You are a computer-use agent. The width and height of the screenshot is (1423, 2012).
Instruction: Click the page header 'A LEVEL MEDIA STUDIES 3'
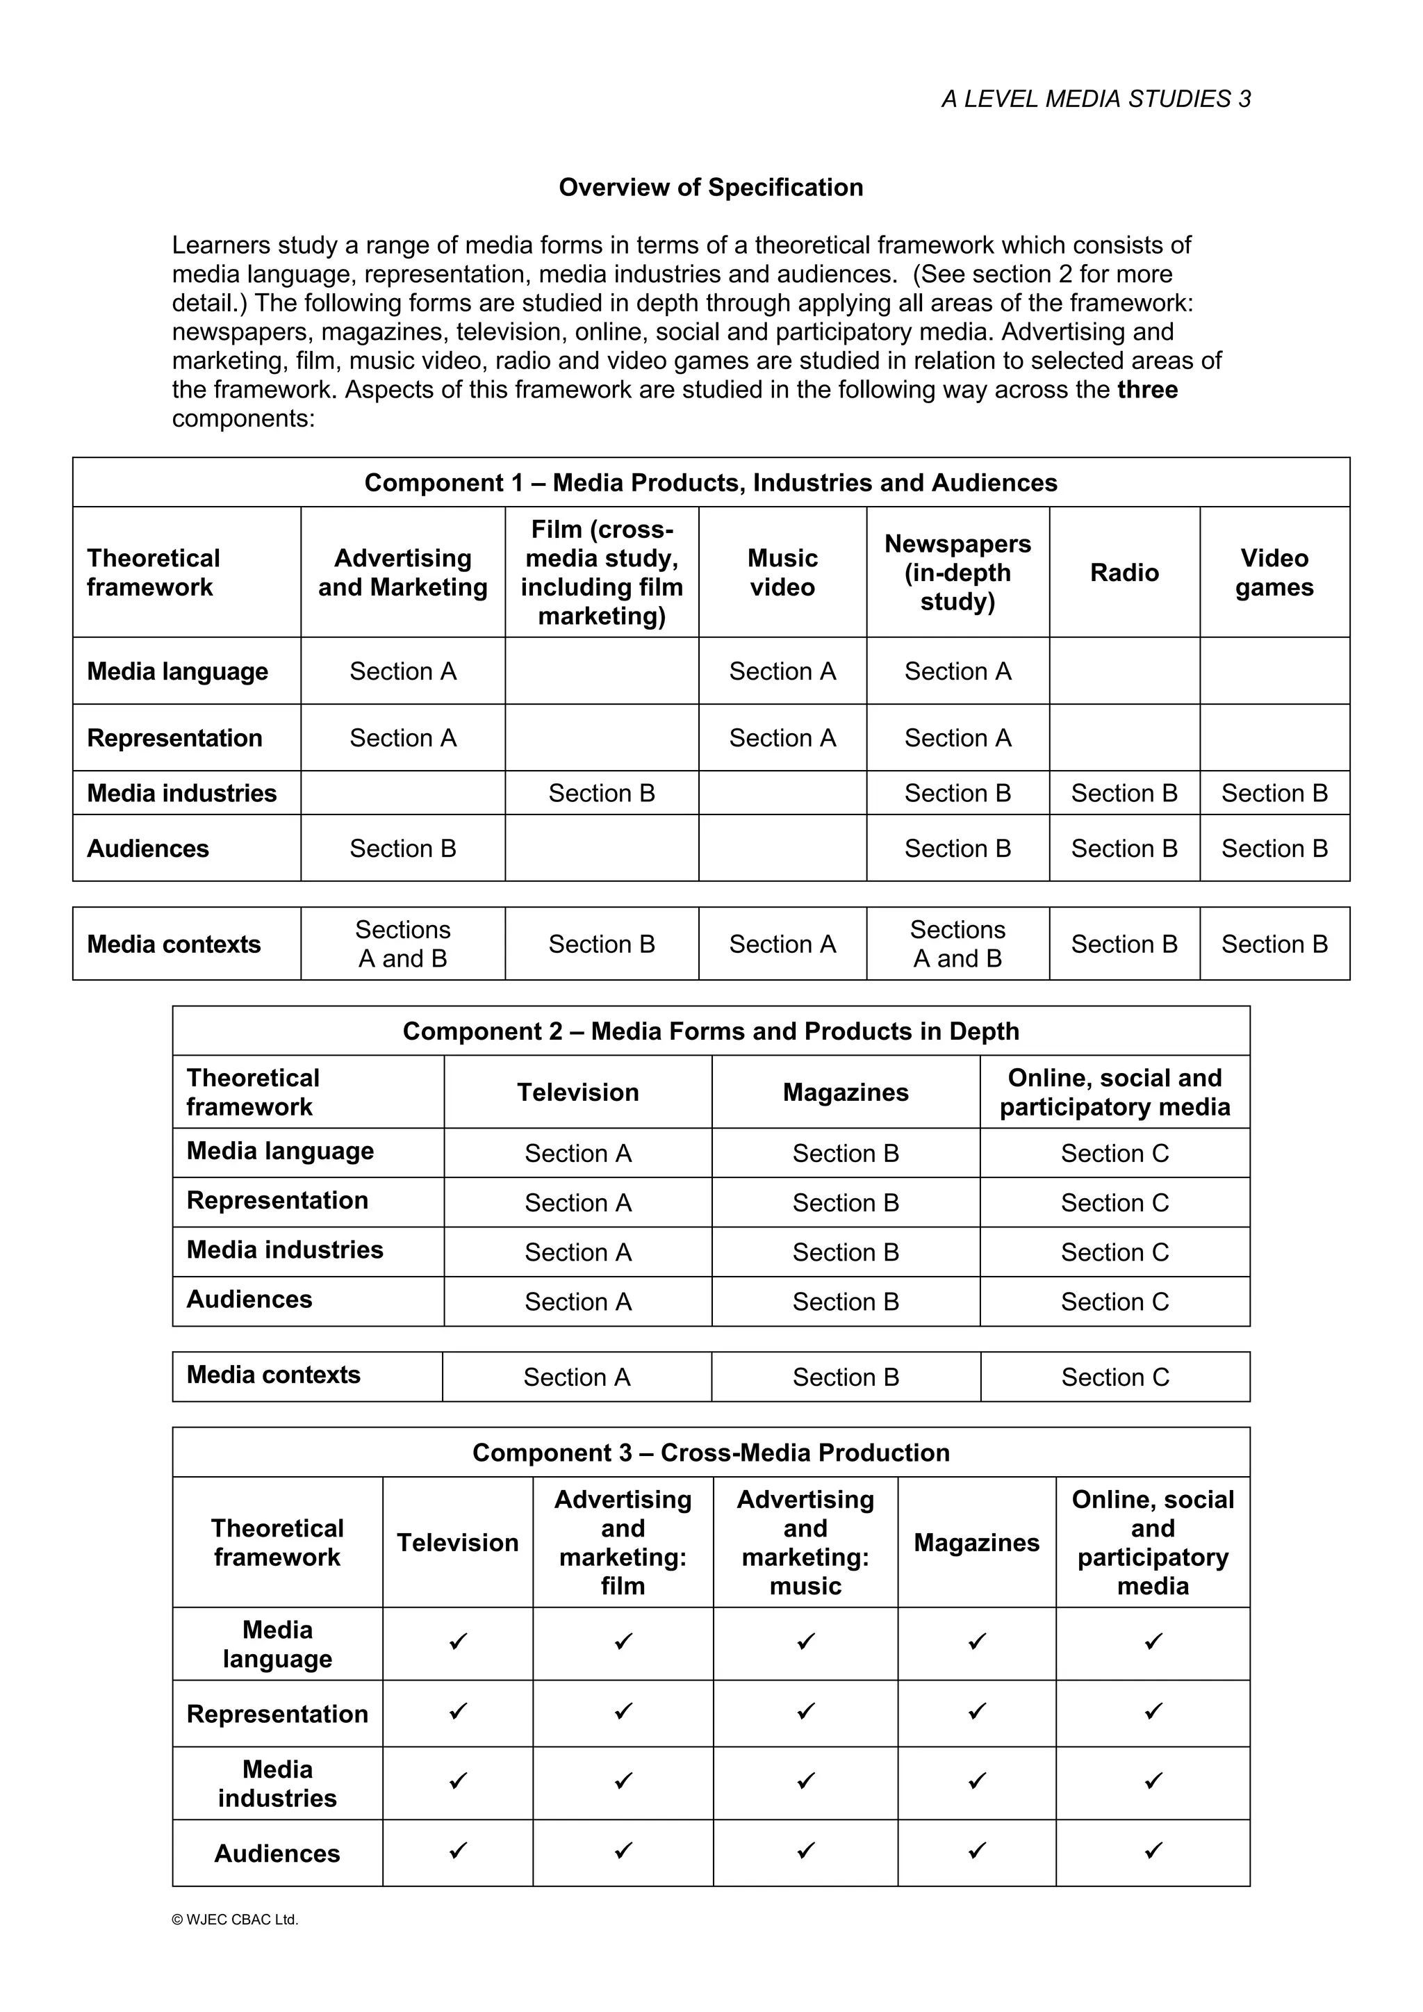(x=1095, y=99)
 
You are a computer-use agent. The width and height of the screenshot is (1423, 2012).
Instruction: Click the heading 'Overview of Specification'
(x=711, y=188)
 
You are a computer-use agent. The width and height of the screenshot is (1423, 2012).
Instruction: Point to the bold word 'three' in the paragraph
(x=1147, y=390)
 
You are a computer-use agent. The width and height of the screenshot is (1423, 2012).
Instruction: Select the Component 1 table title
(x=711, y=483)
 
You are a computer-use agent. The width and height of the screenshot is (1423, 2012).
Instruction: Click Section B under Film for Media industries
(x=601, y=793)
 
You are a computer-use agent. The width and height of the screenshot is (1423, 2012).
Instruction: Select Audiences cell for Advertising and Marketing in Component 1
(x=402, y=849)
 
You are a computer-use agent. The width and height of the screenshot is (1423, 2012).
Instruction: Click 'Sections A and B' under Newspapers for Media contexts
(x=957, y=944)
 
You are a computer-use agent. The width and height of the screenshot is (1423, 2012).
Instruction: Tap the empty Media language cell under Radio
(x=1124, y=671)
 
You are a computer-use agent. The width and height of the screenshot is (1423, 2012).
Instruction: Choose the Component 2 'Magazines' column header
(x=845, y=1093)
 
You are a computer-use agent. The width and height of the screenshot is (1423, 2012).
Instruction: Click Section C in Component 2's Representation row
(x=1114, y=1203)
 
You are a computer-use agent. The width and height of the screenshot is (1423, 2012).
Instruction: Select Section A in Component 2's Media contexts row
(x=577, y=1377)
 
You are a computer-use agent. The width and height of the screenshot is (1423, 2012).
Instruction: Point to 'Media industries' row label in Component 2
(x=285, y=1250)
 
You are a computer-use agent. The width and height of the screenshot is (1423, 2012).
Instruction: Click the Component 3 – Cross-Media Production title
(x=711, y=1453)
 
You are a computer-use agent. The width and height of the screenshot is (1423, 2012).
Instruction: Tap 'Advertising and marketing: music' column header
(x=805, y=1543)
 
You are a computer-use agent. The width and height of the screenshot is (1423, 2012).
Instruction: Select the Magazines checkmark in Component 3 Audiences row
(x=976, y=1851)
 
